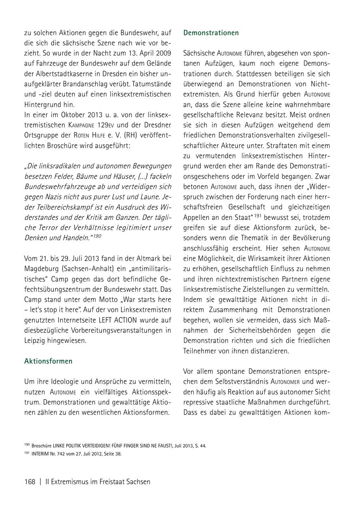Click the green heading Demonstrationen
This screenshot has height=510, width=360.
[x=211, y=33]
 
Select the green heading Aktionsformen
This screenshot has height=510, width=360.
[x=48, y=361]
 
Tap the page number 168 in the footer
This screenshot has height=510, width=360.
[x=30, y=482]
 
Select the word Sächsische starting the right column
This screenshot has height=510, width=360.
[x=199, y=53]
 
